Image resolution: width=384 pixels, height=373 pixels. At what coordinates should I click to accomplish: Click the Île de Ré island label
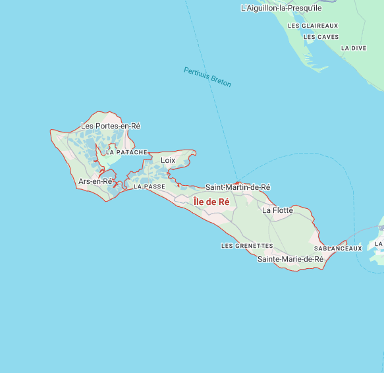211,202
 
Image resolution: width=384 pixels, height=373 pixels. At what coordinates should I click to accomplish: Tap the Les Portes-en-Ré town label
111,126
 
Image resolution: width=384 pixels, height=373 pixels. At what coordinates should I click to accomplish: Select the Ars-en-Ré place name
96,181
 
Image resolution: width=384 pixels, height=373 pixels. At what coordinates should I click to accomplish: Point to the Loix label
168,160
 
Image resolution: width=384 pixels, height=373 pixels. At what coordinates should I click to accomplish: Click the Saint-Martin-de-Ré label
238,187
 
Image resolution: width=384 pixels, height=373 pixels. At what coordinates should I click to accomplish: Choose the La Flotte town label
277,210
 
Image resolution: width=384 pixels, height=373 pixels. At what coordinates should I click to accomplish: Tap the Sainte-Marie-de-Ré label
290,260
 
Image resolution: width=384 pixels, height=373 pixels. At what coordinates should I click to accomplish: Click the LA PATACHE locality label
127,152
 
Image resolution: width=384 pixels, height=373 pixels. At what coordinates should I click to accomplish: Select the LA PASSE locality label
150,186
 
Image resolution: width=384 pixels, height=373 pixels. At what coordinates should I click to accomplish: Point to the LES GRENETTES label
247,246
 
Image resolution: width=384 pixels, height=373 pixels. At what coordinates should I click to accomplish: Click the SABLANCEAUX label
338,248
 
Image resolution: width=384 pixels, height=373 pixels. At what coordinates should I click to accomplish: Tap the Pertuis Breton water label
207,77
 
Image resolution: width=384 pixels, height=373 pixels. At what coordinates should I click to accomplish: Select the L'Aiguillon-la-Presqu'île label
281,9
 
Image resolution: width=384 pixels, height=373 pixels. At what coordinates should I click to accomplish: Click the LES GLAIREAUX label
313,26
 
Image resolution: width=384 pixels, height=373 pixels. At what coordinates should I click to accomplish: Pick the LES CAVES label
321,37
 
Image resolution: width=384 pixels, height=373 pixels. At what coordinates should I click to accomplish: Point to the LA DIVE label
354,48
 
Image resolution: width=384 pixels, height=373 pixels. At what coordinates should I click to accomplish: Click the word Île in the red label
200,202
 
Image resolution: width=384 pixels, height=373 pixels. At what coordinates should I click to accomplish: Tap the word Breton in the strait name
220,82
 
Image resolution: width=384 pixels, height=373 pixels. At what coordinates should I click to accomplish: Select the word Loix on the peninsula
168,160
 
